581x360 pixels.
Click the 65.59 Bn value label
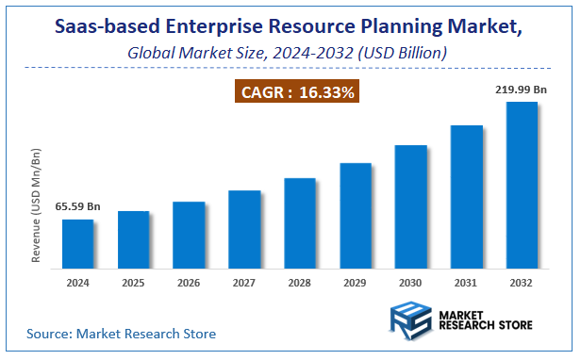pos(78,206)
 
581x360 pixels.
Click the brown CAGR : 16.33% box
pos(296,92)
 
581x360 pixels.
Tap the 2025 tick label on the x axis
pos(134,284)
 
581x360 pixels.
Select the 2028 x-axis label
pos(300,284)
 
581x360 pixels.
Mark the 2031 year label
pos(467,284)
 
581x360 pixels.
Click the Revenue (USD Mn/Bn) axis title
pos(37,205)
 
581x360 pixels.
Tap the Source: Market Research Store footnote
pos(121,334)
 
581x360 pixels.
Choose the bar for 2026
pos(189,237)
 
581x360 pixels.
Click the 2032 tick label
pos(523,284)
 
